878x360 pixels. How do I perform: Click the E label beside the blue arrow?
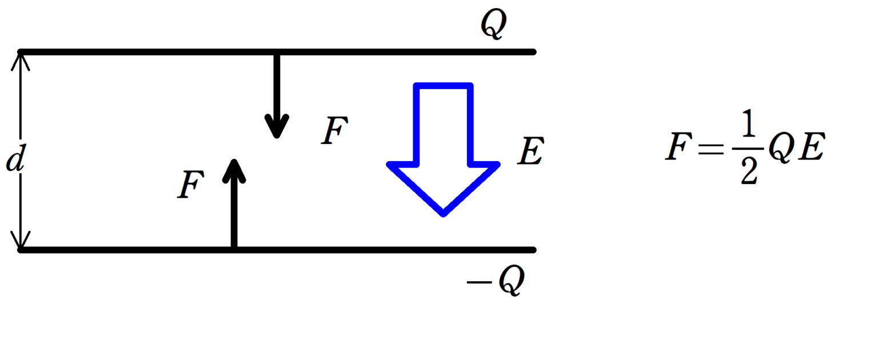point(530,152)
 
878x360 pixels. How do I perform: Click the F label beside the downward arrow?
point(334,131)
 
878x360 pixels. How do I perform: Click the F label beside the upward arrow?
point(190,186)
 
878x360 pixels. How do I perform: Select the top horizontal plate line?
point(400,52)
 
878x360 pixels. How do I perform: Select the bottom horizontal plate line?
point(400,250)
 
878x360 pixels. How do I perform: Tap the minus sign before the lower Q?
point(477,282)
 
